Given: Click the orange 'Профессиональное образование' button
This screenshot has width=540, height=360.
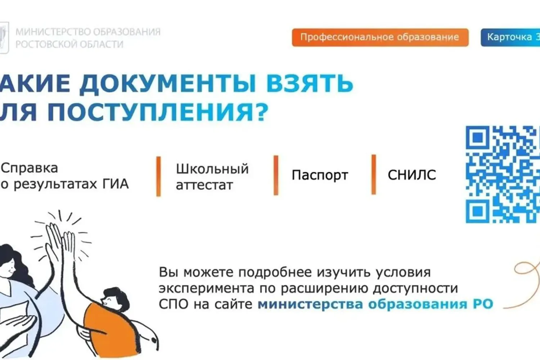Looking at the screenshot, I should (380, 37).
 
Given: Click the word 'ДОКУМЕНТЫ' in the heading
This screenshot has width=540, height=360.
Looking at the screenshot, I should (167, 84).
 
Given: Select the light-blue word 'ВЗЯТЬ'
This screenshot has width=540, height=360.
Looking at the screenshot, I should (309, 84).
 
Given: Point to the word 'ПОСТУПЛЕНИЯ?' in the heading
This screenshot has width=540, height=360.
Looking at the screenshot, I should (158, 112).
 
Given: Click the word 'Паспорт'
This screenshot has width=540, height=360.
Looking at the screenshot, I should (320, 175).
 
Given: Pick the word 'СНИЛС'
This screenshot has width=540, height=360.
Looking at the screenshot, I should (411, 175).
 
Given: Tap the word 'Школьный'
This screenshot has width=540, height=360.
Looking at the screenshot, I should (212, 169).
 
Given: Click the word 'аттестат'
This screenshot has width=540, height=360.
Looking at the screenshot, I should (204, 185).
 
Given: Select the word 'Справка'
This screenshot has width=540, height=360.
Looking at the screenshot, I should (30, 168).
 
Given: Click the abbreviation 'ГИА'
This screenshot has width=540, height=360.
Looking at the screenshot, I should (116, 184).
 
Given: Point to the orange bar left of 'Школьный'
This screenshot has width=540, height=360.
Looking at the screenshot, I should (158, 176).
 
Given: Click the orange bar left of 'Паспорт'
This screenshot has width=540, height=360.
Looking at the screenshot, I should (276, 175).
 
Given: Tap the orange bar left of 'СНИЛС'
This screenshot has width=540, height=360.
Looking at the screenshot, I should (374, 175).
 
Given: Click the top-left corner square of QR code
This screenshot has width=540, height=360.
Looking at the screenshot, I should (477, 137).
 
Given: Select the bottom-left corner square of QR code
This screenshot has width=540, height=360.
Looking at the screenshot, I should (477, 211).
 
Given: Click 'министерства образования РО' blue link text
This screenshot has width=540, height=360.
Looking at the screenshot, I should (375, 304).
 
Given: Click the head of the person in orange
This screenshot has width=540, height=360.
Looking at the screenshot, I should (114, 298).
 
